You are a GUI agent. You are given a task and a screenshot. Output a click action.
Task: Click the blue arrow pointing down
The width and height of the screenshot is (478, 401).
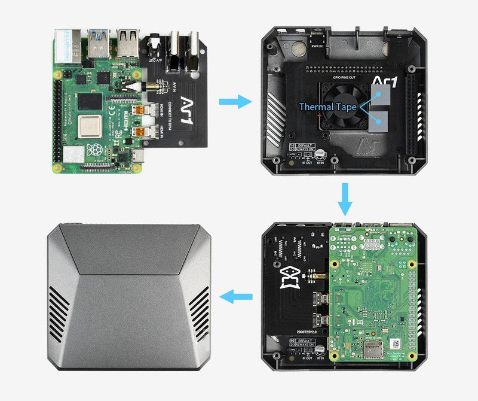(x=345, y=200)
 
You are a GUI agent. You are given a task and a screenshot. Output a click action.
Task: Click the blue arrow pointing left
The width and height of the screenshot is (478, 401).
(x=237, y=296)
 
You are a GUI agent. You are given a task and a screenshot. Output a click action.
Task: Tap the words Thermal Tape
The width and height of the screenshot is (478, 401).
(x=327, y=107)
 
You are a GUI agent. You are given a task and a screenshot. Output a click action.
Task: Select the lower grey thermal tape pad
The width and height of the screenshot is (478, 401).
(x=377, y=123)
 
